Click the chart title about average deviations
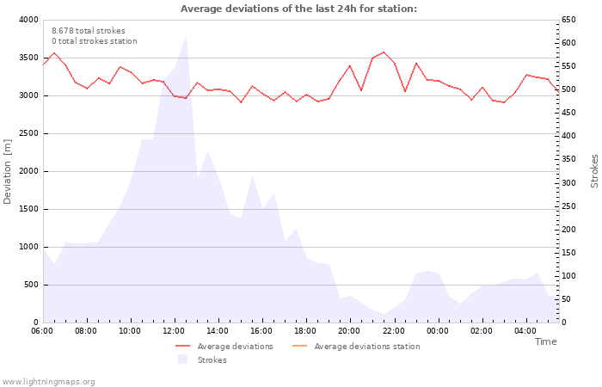pyautogui.click(x=298, y=9)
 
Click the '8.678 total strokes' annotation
pyautogui.click(x=88, y=31)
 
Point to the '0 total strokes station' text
pyautogui.click(x=94, y=41)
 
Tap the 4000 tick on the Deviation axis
pyautogui.click(x=28, y=20)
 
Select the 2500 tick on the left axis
pyautogui.click(x=28, y=133)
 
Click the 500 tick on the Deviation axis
pyautogui.click(x=30, y=285)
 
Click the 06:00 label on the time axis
pyautogui.click(x=42, y=331)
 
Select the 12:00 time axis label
pyautogui.click(x=174, y=331)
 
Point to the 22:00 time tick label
pyautogui.click(x=394, y=331)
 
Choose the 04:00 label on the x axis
pyautogui.click(x=525, y=331)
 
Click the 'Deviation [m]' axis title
pyautogui.click(x=8, y=171)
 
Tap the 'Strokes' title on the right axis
pyautogui.click(x=594, y=171)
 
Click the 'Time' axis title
pyautogui.click(x=545, y=341)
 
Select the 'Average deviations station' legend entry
pyautogui.click(x=367, y=347)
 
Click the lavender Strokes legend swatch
pyautogui.click(x=182, y=359)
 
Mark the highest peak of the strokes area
pyautogui.click(x=186, y=36)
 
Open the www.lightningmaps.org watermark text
pyautogui.click(x=48, y=381)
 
